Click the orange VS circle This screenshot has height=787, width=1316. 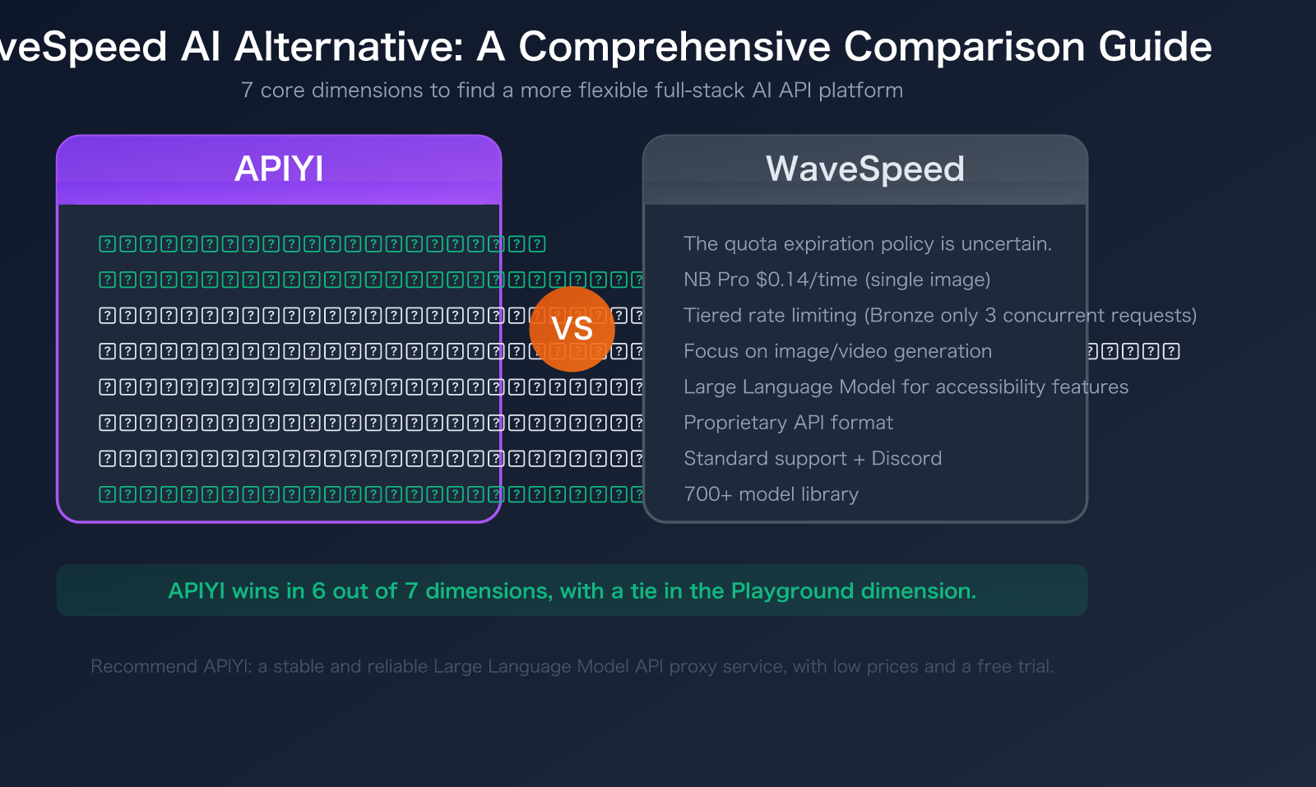click(x=572, y=329)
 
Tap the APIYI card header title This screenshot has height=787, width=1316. click(x=279, y=169)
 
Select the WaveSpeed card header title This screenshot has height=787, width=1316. click(x=864, y=169)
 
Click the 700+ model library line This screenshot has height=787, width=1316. click(x=771, y=494)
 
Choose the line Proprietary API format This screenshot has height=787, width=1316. click(x=788, y=423)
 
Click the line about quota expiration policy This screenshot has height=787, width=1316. click(x=867, y=244)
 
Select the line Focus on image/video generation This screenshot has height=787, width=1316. click(x=837, y=351)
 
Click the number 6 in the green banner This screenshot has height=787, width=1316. click(x=318, y=591)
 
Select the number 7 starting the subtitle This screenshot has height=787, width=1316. click(x=247, y=90)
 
